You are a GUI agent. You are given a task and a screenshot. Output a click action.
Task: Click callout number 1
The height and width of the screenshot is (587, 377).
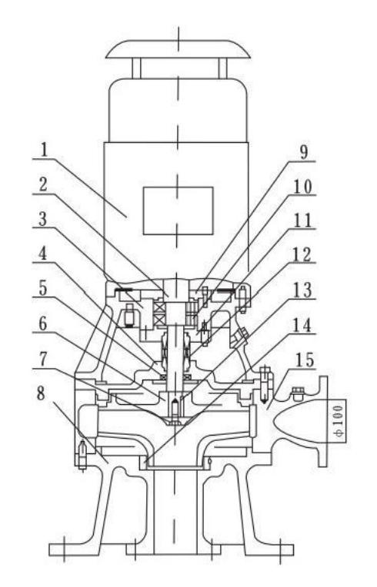click(x=44, y=150)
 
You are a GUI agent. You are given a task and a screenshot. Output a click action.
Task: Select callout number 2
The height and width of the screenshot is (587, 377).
click(x=44, y=185)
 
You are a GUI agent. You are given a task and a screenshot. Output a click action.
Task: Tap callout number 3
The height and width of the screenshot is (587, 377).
click(x=44, y=220)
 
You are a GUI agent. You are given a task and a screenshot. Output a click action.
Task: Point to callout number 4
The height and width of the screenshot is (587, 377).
click(x=44, y=254)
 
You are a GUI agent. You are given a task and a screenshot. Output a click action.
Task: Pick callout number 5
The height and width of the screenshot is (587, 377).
click(x=44, y=288)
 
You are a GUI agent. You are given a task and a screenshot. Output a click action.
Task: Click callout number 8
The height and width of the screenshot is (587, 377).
click(x=41, y=393)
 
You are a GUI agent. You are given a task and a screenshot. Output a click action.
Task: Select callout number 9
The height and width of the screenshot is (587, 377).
click(x=304, y=152)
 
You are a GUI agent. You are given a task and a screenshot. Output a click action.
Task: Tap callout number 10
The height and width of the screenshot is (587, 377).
click(x=302, y=187)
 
